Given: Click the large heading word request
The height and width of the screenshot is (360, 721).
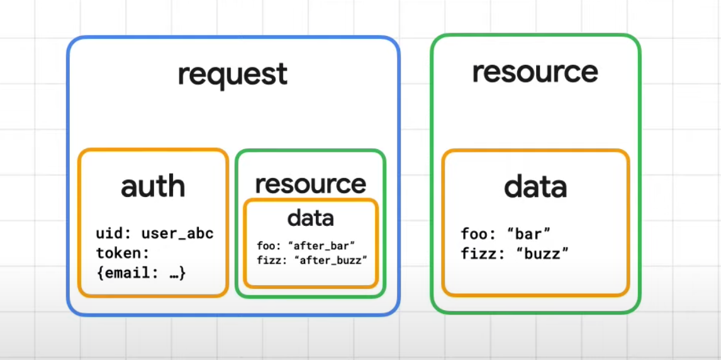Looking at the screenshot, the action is click(233, 75).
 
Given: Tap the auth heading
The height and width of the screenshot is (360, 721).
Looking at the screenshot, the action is click(153, 186).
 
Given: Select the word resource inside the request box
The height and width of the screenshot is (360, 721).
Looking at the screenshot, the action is click(311, 184).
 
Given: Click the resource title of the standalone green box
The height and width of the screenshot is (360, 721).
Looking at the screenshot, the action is click(535, 72).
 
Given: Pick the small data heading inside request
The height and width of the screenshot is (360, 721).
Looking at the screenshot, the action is click(310, 218).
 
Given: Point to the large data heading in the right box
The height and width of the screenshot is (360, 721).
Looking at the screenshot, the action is click(535, 187).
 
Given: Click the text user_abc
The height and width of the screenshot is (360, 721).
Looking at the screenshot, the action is click(177, 233).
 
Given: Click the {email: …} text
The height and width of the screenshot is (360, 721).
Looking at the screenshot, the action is click(141, 273).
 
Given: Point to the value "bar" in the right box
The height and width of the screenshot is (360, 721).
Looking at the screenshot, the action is click(528, 233).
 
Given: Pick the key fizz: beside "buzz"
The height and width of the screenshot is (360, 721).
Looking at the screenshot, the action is click(483, 253).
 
